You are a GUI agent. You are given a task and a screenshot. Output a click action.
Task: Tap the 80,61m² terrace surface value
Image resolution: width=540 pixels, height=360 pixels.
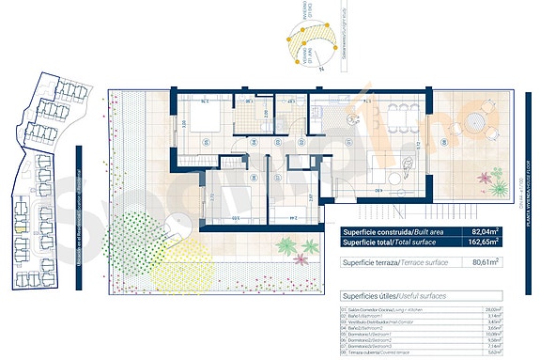(485, 263)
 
